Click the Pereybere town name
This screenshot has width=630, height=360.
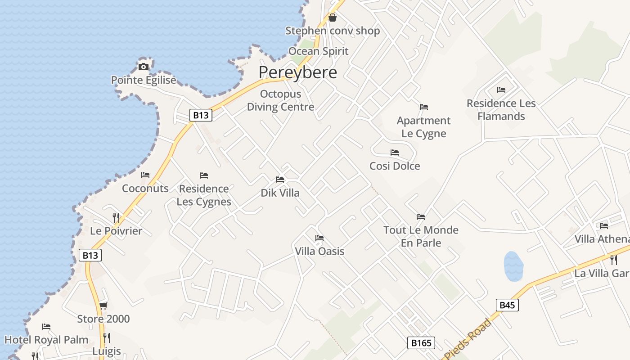(297, 72)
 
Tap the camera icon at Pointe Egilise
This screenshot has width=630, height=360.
(144, 67)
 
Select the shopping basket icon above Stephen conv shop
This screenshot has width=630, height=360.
(333, 18)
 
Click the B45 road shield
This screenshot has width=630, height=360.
(507, 305)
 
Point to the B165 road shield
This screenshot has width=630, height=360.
(422, 343)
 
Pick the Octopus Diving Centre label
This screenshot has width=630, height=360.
(280, 101)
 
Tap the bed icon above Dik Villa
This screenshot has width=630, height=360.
(280, 180)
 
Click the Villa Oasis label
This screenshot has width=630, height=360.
(319, 251)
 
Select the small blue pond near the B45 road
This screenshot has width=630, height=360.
(513, 266)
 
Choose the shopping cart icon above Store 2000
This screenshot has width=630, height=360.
(103, 306)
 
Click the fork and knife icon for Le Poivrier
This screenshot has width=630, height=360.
(116, 218)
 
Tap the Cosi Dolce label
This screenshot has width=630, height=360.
(395, 166)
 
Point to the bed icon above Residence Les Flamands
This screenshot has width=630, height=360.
(501, 90)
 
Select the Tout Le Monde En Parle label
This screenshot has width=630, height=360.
(421, 236)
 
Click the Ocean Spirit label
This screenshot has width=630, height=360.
(318, 51)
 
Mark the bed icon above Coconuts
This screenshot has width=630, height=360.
(145, 175)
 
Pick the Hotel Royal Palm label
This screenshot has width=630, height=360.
(46, 340)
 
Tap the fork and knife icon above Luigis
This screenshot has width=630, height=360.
(107, 337)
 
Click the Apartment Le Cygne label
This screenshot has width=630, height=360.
(423, 127)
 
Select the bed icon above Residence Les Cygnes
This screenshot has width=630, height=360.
(204, 175)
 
